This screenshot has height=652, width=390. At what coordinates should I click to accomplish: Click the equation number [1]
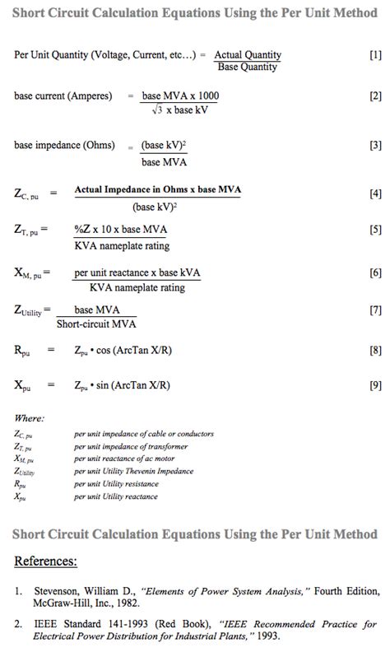375,55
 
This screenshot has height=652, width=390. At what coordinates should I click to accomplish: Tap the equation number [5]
375,231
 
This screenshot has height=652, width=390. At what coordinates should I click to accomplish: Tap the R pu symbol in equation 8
24,351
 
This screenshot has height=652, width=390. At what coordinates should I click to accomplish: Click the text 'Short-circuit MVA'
96,324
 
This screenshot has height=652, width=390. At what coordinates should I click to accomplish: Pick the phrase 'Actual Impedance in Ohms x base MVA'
158,190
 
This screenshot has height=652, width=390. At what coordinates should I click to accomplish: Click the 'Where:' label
30,418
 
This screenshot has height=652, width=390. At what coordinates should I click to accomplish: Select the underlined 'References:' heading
46,561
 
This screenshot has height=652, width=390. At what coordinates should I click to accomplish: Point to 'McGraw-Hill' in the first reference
61,603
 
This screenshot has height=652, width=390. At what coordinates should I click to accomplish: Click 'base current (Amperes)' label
63,96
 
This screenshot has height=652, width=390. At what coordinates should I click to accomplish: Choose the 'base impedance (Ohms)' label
64,146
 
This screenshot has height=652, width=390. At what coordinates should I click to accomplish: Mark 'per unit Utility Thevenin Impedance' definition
133,471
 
